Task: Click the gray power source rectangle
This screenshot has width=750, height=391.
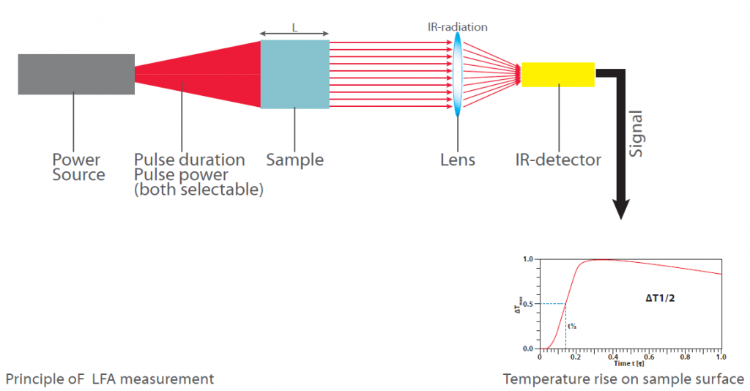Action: tap(76, 74)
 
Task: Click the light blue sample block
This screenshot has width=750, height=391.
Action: tap(294, 74)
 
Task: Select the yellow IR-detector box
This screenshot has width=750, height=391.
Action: tap(557, 75)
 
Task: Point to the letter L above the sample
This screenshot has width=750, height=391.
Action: tap(294, 28)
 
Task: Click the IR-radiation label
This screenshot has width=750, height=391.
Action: tap(458, 27)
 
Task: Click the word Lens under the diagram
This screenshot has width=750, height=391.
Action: tap(458, 160)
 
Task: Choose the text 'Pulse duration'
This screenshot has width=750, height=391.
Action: tap(190, 160)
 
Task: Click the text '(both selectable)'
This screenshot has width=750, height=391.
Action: tap(198, 190)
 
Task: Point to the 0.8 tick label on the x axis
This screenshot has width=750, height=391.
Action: tap(685, 358)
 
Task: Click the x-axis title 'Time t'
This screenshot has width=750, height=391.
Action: tap(626, 364)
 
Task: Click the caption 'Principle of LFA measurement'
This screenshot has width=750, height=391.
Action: tap(110, 379)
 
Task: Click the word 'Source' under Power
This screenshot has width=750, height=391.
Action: tap(78, 176)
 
